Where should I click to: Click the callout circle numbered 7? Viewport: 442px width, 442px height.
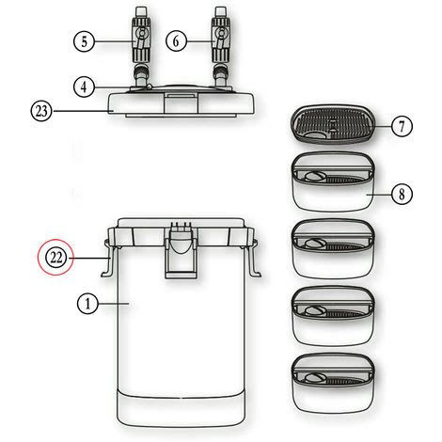401,125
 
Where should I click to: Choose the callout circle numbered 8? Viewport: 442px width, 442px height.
401,195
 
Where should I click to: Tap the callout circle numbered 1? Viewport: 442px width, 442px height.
87,304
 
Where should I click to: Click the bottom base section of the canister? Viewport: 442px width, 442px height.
178,406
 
